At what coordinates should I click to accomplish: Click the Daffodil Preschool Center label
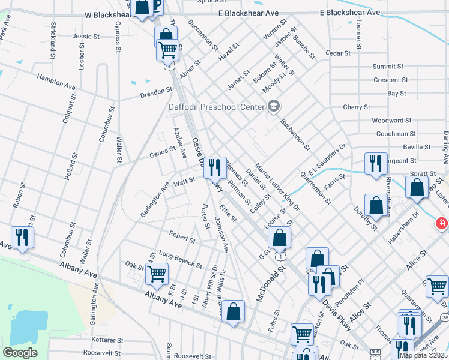click(x=215, y=107)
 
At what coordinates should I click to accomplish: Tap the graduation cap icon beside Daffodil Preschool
click(x=274, y=107)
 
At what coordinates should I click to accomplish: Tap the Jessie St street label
click(x=86, y=37)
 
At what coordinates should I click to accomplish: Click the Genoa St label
click(x=162, y=154)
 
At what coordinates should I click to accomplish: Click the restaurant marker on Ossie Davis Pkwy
click(x=214, y=167)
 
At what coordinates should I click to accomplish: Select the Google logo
click(x=20, y=353)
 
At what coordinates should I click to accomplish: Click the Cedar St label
click(x=337, y=53)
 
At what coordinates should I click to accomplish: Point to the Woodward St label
click(x=391, y=121)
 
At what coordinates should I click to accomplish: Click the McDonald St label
click(x=270, y=284)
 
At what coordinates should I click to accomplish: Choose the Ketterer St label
click(x=91, y=340)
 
